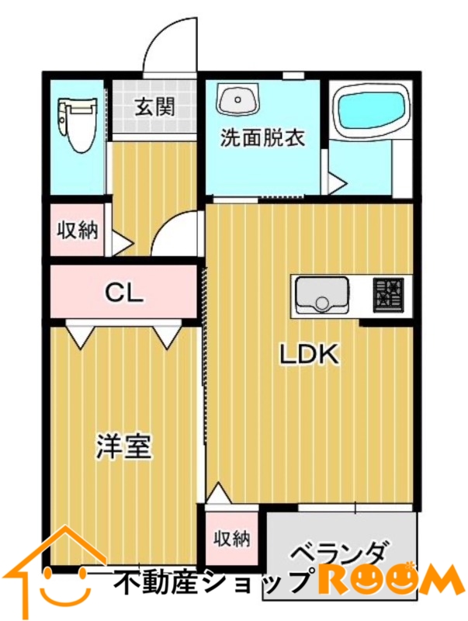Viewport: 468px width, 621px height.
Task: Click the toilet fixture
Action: point(78,124)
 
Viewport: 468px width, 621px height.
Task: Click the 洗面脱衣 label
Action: point(262,138)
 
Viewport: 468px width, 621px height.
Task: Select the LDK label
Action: point(310,355)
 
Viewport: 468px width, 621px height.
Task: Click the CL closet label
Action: point(123,293)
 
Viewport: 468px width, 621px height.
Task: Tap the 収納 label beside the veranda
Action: point(231,539)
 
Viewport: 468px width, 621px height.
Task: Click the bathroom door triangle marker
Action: point(338,183)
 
